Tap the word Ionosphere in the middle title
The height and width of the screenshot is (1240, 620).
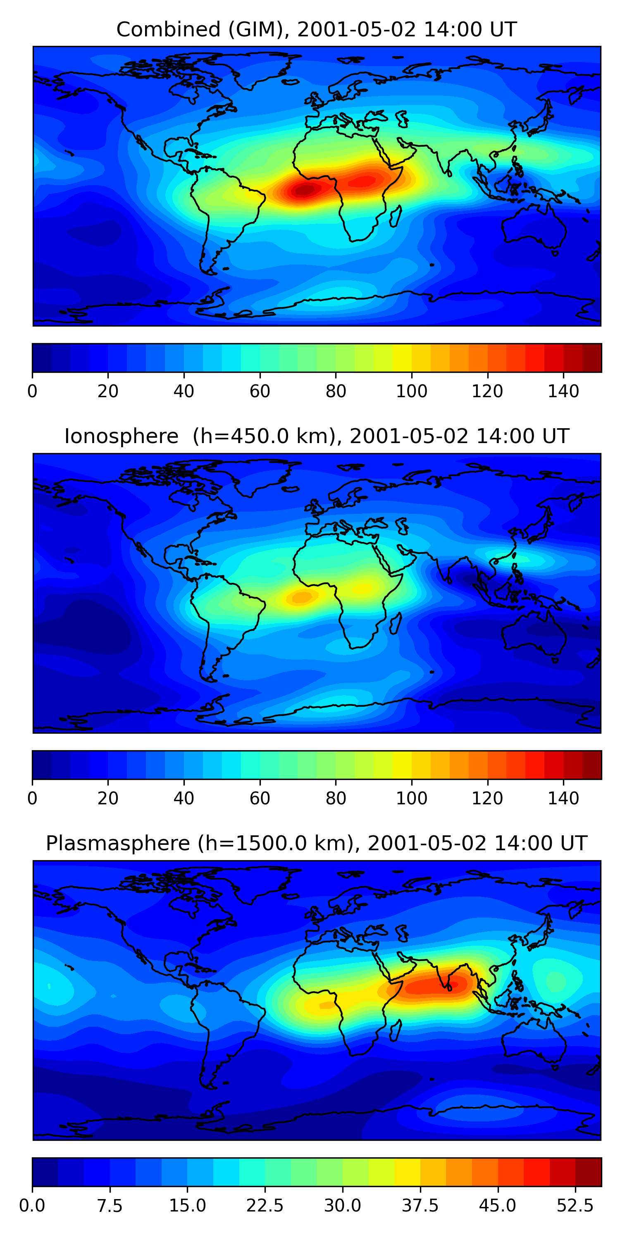[121, 436]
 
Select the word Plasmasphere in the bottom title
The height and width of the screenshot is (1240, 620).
[117, 843]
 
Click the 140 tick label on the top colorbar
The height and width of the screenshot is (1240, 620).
[563, 391]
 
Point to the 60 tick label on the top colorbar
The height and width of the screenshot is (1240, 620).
[260, 391]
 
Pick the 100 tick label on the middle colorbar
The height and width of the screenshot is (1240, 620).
[412, 798]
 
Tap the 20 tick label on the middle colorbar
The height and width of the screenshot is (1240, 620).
[108, 798]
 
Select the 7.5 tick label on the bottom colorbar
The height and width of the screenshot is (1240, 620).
[110, 1205]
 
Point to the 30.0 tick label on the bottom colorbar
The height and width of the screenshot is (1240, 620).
[342, 1205]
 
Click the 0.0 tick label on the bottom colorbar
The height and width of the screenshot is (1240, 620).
[32, 1205]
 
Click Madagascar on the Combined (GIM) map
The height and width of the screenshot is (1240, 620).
[396, 216]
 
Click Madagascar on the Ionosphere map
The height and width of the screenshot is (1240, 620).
[396, 623]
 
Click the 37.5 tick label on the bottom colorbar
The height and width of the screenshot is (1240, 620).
[420, 1205]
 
